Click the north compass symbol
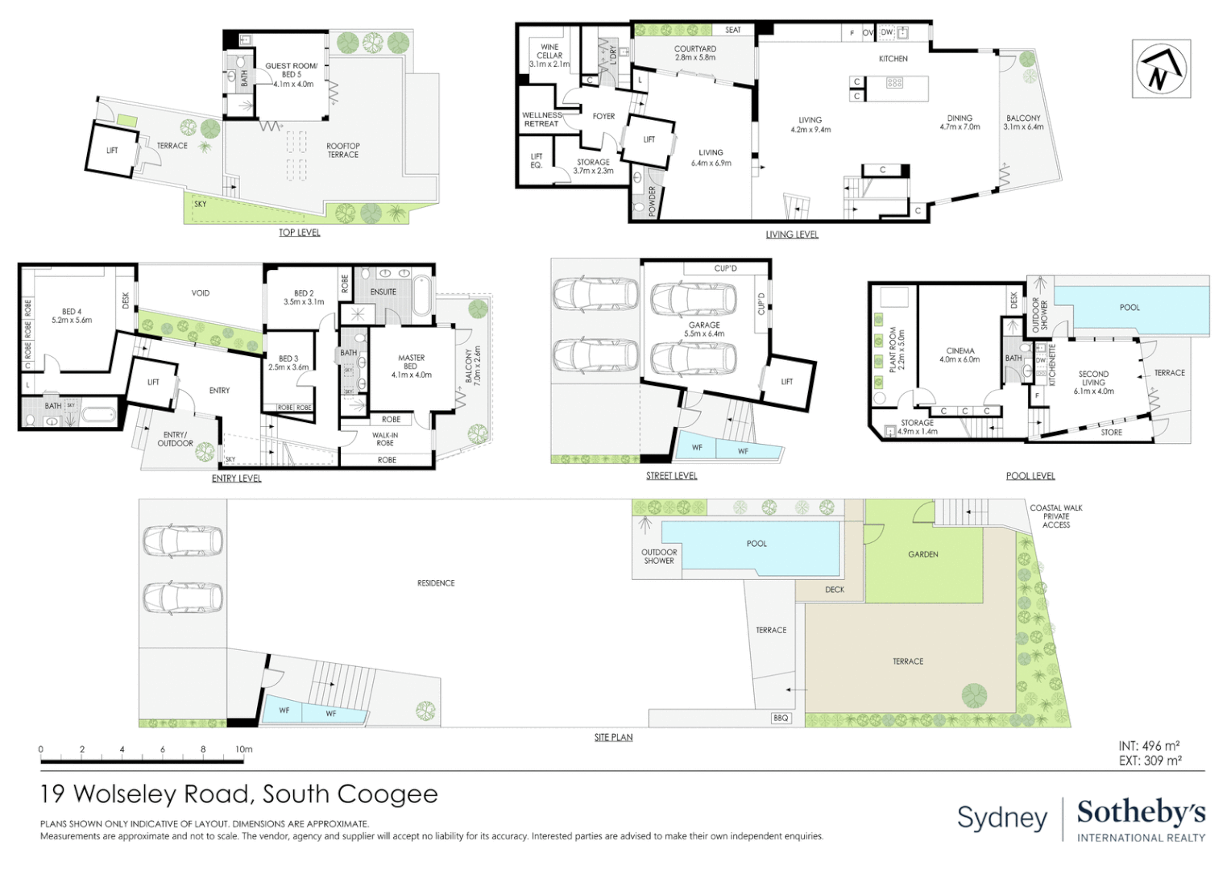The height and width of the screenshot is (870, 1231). pyautogui.click(x=1160, y=68)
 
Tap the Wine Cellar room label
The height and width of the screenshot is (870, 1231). pyautogui.click(x=549, y=56)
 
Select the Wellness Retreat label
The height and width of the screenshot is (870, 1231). pyautogui.click(x=541, y=119)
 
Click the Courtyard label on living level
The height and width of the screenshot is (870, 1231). pyautogui.click(x=695, y=53)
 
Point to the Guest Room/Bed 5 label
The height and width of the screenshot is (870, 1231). pyautogui.click(x=292, y=75)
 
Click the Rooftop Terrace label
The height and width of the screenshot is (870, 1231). pyautogui.click(x=343, y=151)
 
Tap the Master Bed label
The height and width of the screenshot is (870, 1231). pyautogui.click(x=411, y=366)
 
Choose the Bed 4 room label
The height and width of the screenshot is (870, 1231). pyautogui.click(x=72, y=316)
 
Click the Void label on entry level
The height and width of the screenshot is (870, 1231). pyautogui.click(x=201, y=293)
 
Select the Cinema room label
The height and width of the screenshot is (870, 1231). pyautogui.click(x=960, y=355)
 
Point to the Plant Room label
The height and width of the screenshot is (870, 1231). pyautogui.click(x=897, y=350)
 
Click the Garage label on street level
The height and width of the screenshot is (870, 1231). pyautogui.click(x=704, y=329)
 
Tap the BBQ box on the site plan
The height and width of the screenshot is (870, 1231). pyautogui.click(x=781, y=718)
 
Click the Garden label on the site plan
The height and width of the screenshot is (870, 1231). pyautogui.click(x=923, y=554)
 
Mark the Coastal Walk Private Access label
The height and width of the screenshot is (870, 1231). pyautogui.click(x=1056, y=516)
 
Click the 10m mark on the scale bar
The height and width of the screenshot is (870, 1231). pyautogui.click(x=244, y=750)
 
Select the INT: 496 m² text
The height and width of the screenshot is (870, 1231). pyautogui.click(x=1149, y=746)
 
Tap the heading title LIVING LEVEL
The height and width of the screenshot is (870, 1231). pyautogui.click(x=792, y=234)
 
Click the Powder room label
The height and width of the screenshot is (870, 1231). pyautogui.click(x=653, y=202)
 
